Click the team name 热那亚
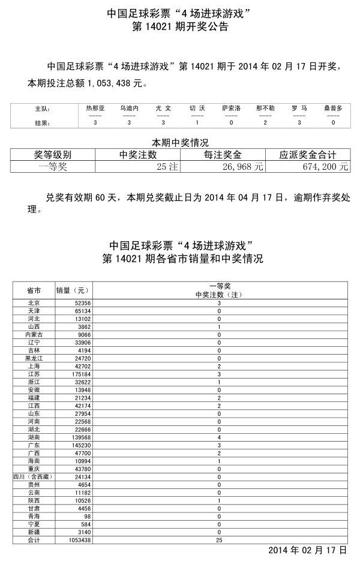95,108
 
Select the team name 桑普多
333,108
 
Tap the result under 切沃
197,122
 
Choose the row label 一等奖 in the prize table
53,167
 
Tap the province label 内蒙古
34,335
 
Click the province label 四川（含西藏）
34,477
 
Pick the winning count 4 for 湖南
219,437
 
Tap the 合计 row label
34,540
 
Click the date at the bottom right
307,550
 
